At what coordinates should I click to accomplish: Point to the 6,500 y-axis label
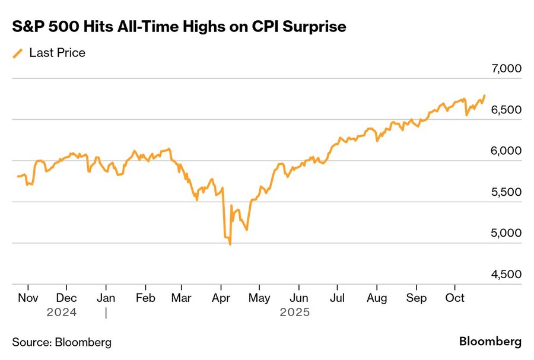pos(506,110)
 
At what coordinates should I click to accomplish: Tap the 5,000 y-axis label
pos(506,233)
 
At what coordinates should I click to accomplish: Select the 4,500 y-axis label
pos(506,274)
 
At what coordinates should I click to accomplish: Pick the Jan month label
pos(106,298)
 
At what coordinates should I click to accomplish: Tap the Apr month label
pos(221,298)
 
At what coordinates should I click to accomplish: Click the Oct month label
pos(454,298)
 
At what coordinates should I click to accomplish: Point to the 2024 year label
pos(62,311)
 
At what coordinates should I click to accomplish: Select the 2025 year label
pos(295,311)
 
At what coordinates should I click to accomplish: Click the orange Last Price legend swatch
pos(17,53)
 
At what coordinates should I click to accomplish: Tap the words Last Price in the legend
pos(58,53)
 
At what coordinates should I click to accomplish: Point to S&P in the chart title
pos(28,27)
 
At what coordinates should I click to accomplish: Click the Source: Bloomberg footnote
pos(62,342)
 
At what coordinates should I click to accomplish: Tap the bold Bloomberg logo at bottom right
pos(490,342)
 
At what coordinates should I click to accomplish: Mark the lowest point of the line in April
pos(230,244)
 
